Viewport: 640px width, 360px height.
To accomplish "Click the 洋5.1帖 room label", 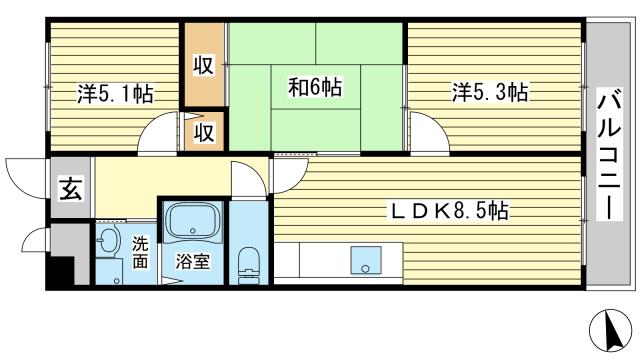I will pos(116,95).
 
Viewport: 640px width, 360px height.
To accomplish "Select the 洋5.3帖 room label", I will pos(489,93).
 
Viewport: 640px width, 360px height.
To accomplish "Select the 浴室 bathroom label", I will pos(192,263).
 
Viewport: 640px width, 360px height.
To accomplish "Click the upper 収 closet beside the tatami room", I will pos(204,66).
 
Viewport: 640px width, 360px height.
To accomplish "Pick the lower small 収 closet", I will pos(204,132).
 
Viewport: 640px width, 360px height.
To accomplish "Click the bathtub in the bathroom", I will pos(192,222).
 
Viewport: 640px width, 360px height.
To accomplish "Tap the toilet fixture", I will pos(249,265).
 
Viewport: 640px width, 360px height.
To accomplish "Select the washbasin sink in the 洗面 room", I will pos(108,241).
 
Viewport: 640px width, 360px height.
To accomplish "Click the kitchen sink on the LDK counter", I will pos(366,262).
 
